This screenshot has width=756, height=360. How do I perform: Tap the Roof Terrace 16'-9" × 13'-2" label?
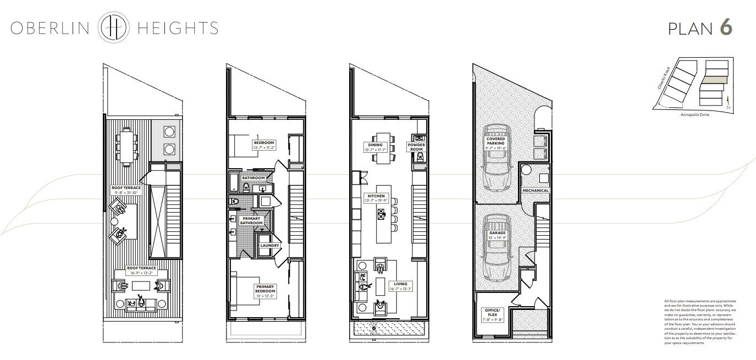pyautogui.click(x=135, y=270)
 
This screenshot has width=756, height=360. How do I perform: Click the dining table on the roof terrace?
pyautogui.click(x=127, y=146)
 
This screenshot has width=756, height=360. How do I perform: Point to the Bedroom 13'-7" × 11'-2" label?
pyautogui.click(x=264, y=145)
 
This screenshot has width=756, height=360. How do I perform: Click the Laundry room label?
pyautogui.click(x=270, y=246)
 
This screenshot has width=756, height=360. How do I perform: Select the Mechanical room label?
pyautogui.click(x=536, y=191)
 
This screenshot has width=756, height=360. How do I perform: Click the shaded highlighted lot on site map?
pyautogui.click(x=714, y=80)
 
